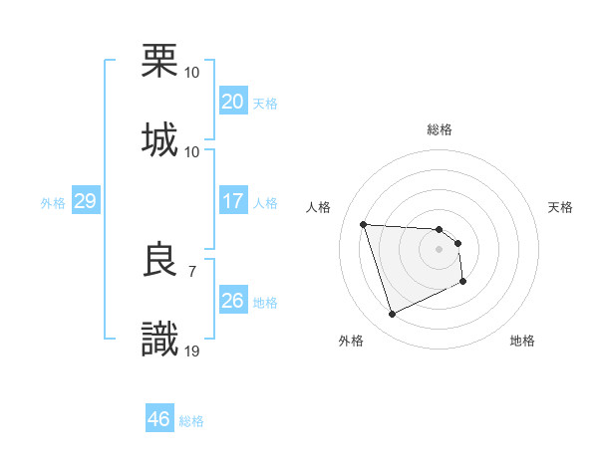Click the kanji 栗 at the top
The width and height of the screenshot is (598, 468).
pyautogui.click(x=159, y=60)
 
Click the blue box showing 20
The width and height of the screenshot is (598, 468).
pyautogui.click(x=233, y=102)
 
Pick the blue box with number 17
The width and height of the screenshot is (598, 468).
pyautogui.click(x=233, y=201)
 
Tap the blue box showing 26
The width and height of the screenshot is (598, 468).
pyautogui.click(x=233, y=301)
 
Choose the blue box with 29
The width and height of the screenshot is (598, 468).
pyautogui.click(x=85, y=201)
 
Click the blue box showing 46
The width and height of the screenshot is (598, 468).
pyautogui.click(x=159, y=419)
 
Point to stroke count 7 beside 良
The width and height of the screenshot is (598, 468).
pyautogui.click(x=191, y=270)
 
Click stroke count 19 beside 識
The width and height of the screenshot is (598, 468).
pyautogui.click(x=192, y=350)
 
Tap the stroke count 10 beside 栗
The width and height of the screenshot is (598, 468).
pyautogui.click(x=192, y=72)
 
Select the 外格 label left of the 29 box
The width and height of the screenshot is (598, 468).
pyautogui.click(x=53, y=202)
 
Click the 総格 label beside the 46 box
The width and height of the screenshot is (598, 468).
pyautogui.click(x=191, y=420)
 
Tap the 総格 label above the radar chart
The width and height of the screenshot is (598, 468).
pyautogui.click(x=440, y=129)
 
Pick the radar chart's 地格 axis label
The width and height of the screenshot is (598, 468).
pyautogui.click(x=522, y=342)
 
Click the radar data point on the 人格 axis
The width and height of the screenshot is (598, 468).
pyautogui.click(x=364, y=224)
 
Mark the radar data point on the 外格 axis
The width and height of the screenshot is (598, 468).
pyautogui.click(x=392, y=315)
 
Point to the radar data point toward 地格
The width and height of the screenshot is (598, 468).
pyautogui.click(x=464, y=282)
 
